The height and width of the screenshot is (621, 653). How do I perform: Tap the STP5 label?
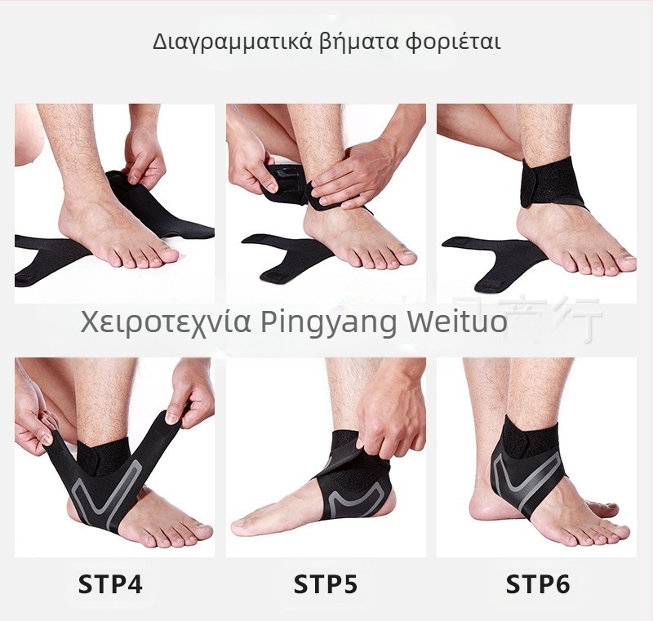325,584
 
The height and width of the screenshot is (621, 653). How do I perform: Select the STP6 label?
538,584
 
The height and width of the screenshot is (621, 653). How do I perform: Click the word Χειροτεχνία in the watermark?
167,322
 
